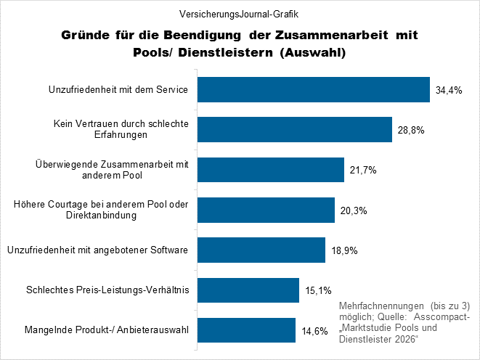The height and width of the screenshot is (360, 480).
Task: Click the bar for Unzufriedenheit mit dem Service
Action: [314, 90]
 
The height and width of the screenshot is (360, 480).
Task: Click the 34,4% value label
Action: [449, 91]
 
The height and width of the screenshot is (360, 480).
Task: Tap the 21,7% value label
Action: [363, 171]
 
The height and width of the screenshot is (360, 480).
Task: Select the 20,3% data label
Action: [354, 210]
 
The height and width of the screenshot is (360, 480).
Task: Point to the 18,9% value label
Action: [344, 250]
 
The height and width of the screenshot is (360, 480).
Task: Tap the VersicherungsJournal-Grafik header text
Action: [239, 13]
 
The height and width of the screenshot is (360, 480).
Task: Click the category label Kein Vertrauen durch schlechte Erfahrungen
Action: [121, 130]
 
